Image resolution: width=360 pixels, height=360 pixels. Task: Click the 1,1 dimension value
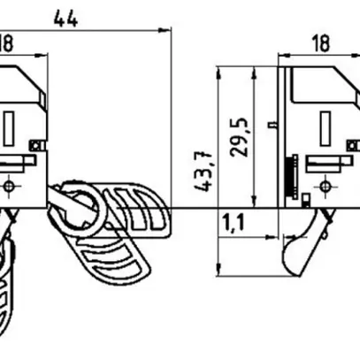tap(234, 222)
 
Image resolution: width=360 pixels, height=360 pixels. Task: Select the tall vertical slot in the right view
tap(325, 125)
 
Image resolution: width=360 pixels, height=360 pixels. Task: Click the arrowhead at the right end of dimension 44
tap(166, 30)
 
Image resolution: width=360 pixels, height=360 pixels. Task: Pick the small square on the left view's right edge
tap(36, 144)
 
